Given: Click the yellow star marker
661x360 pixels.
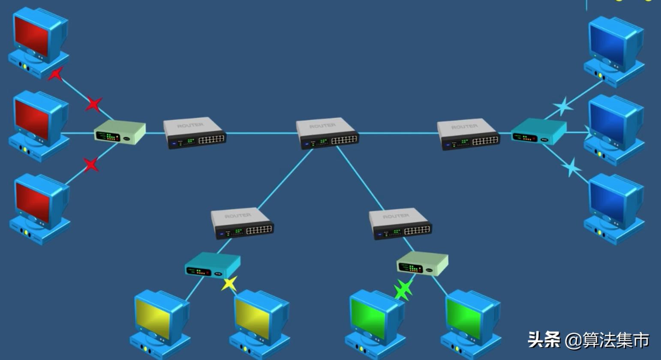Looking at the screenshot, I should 229,283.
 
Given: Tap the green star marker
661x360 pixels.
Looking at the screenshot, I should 403,290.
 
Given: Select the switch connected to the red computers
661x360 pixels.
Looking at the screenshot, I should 120,132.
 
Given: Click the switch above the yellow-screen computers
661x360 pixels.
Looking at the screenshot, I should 212,265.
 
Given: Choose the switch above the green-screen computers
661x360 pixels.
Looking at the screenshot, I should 422,264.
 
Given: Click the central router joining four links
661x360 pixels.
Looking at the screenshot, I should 327,133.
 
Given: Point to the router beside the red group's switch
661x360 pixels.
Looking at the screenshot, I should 194,133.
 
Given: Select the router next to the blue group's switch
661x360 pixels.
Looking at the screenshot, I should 468,134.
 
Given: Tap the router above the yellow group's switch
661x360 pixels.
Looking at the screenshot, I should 242,223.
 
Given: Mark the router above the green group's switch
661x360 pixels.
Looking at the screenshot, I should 400,223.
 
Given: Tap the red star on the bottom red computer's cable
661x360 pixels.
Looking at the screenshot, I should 90,165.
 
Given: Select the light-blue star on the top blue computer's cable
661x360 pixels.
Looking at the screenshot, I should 563,106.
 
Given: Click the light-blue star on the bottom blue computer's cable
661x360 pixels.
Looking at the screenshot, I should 571,167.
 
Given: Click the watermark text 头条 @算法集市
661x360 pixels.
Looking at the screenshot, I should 588,340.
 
